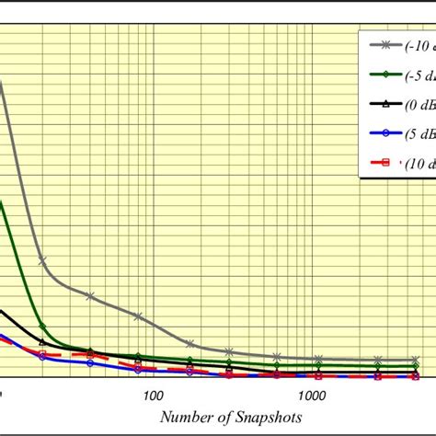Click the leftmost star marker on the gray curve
[x=42, y=261]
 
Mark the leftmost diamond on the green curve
[x=42, y=325]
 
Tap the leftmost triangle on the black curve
[x=42, y=342]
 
